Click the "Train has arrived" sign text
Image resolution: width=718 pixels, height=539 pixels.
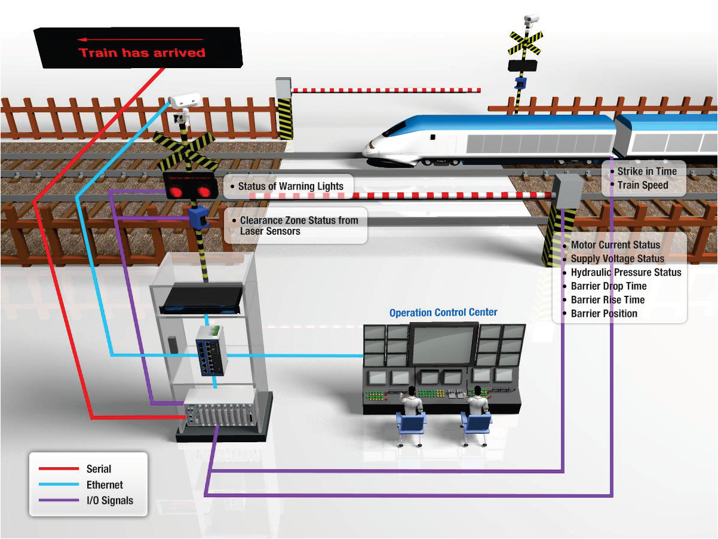coord(142,53)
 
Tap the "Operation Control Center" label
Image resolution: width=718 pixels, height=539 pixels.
coord(443,313)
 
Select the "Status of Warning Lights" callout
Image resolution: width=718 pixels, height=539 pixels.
coord(290,186)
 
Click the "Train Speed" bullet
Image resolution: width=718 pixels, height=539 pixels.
coord(643,185)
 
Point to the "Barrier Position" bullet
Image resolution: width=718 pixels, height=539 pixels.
coord(604,314)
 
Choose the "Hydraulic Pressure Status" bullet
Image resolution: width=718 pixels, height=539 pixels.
coord(625,272)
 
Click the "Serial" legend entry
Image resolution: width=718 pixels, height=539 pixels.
coord(99,469)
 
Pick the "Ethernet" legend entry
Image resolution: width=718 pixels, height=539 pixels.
coord(105,485)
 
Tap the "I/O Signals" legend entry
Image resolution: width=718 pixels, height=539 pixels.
coord(110,501)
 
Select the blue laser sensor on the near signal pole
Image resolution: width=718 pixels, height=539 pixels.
coord(198,218)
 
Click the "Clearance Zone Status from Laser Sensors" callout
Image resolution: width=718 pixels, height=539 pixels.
coord(299,226)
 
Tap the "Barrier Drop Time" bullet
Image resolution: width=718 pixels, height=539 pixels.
coord(608,286)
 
